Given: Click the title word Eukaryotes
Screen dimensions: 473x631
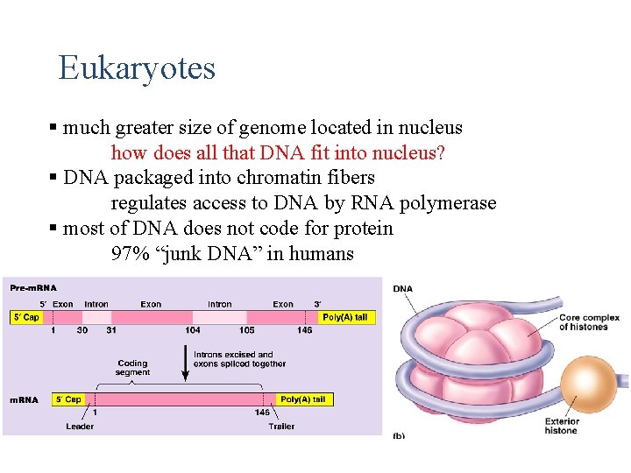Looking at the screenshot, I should (x=137, y=67).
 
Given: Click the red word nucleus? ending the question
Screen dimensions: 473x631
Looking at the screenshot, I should (x=409, y=153).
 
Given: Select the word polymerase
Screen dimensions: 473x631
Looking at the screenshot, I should (x=448, y=203).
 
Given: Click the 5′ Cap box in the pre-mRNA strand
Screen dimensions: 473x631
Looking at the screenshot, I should (x=25, y=317).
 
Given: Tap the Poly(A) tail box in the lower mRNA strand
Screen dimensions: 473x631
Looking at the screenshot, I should (x=302, y=399).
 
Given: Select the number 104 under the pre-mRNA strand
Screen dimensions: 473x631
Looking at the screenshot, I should (x=192, y=330).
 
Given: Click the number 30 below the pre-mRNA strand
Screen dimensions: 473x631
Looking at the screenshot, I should (x=82, y=330).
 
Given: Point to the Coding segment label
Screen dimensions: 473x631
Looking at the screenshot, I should (x=132, y=368).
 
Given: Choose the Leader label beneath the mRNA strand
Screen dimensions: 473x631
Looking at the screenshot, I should (x=80, y=427).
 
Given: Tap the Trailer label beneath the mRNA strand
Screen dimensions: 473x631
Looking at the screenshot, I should (x=281, y=427).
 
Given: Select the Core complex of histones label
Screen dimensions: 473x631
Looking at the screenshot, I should (x=589, y=322).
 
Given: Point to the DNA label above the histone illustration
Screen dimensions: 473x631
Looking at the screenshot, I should (x=403, y=289).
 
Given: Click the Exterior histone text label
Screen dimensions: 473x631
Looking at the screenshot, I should (x=562, y=426).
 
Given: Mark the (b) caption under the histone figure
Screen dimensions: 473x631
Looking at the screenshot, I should (x=398, y=434).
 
